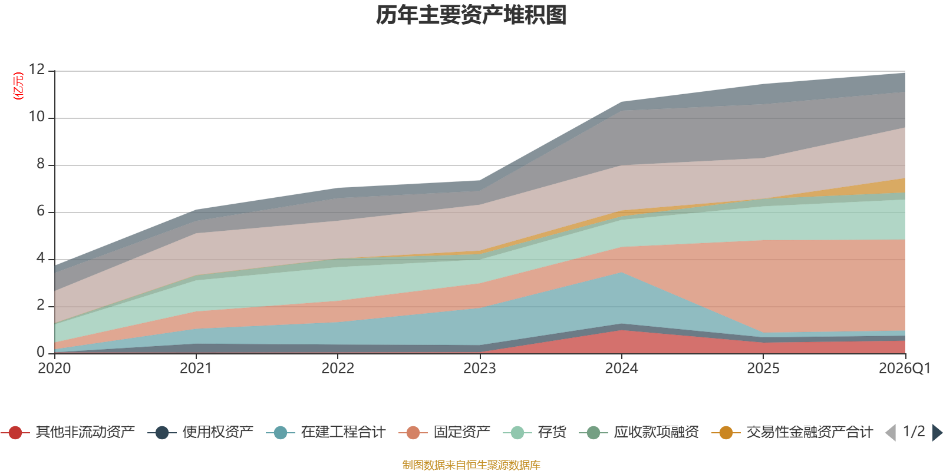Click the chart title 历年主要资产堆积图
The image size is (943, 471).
tap(471, 15)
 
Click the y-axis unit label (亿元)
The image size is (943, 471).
tap(18, 86)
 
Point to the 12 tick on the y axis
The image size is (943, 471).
tap(37, 70)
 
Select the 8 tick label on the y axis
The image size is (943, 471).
tap(40, 164)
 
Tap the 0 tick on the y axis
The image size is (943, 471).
tap(40, 352)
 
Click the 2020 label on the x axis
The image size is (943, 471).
tap(54, 369)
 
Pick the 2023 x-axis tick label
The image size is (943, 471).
tap(479, 369)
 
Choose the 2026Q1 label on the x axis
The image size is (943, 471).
tap(904, 369)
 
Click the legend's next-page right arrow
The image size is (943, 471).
tap(937, 433)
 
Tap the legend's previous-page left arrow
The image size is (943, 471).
tap(891, 433)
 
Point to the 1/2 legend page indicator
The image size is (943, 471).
tap(914, 432)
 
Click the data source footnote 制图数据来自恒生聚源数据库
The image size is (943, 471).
tap(471, 465)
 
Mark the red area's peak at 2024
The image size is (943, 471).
tap(621, 331)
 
